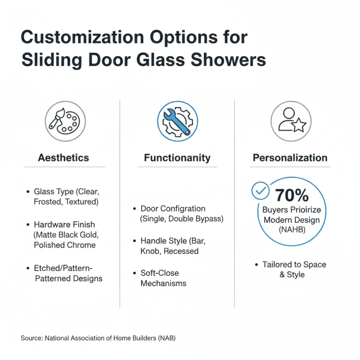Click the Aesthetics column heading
point(63,158)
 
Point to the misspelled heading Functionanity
point(177,158)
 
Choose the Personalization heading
point(290,158)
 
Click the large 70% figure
point(292,195)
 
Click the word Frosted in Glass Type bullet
point(49,202)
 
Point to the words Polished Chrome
point(65,245)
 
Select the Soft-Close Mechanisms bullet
point(163,278)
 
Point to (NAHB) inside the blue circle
point(292,229)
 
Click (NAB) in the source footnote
point(165,337)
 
